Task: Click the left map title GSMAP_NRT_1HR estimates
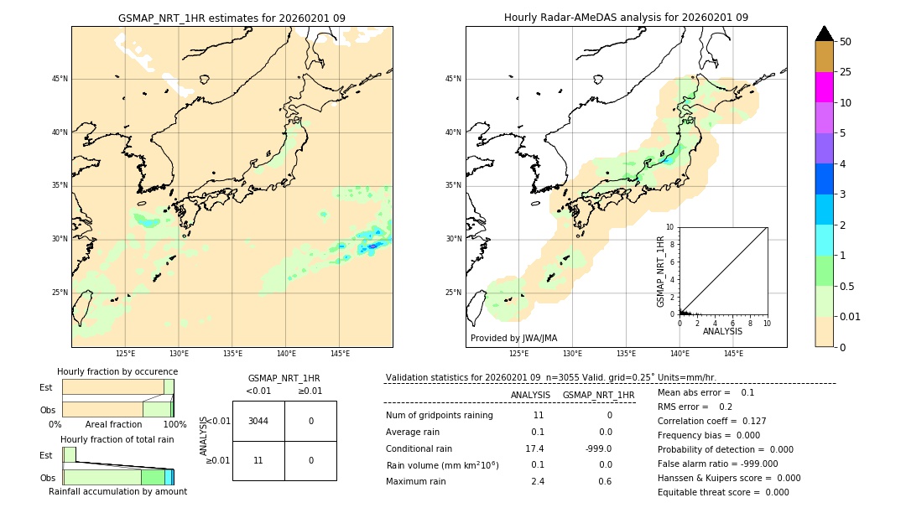(x=232, y=18)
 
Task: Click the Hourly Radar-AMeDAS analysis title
(x=626, y=18)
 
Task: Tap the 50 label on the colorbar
(x=846, y=42)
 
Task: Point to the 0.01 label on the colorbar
(x=851, y=316)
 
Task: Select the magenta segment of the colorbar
(x=824, y=87)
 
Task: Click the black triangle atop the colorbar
(x=824, y=34)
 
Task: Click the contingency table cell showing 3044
(x=258, y=421)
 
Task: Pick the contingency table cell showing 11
(x=258, y=460)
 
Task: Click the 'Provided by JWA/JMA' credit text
(x=513, y=338)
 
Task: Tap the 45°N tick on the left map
(x=60, y=79)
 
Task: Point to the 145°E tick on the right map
(x=733, y=354)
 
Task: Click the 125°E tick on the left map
(x=125, y=354)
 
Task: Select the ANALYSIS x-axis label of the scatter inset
(x=722, y=332)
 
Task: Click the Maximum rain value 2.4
(x=537, y=481)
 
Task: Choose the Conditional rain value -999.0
(x=598, y=448)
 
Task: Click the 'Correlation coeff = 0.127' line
(x=711, y=421)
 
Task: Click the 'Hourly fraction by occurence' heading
(x=117, y=371)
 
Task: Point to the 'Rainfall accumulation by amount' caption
(x=117, y=491)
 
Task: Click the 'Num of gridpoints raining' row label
(x=439, y=415)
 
